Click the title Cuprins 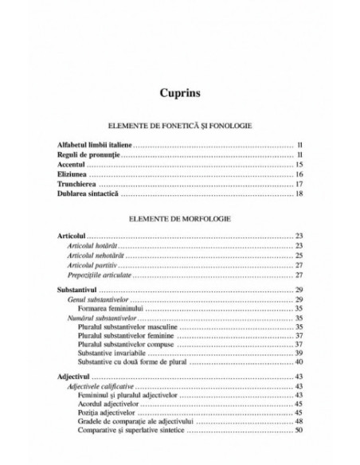179,92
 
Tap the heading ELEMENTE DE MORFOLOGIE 179,217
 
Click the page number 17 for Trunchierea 299,183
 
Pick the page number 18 299,193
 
